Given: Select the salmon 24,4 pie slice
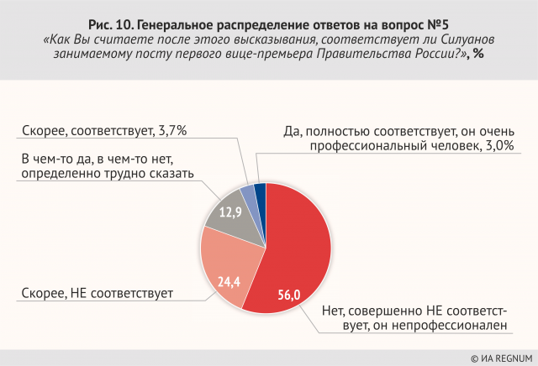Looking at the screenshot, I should pos(229,264).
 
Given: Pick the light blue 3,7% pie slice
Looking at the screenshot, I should pos(249,195).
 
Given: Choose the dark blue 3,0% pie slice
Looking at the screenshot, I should pos(261,192).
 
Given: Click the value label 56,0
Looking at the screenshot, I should pos(288,293).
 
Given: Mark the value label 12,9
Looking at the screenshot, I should pos(229,213).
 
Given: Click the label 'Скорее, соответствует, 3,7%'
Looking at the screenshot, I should pos(104,130).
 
